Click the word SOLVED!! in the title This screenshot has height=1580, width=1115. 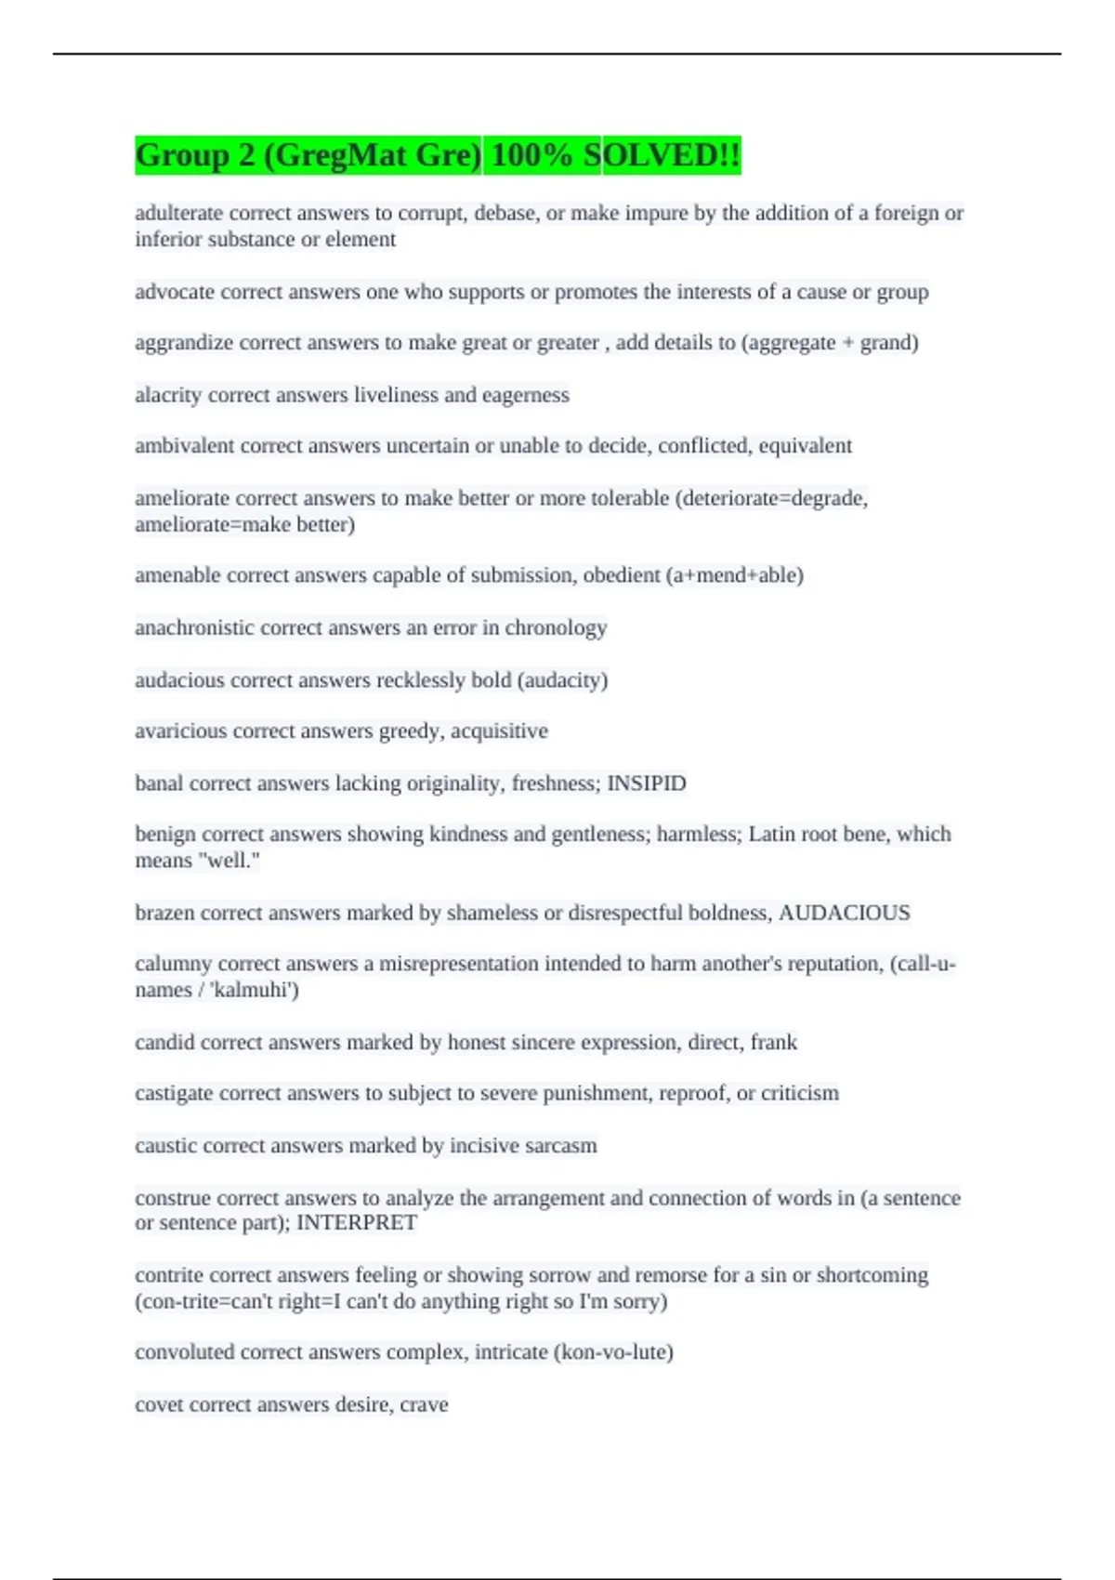click(x=662, y=155)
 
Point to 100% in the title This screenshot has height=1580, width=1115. click(x=531, y=155)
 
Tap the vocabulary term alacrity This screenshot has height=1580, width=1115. click(x=168, y=395)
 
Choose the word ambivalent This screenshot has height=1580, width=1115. click(x=185, y=446)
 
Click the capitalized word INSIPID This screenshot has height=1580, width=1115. click(x=647, y=783)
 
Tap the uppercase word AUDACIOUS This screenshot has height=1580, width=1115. click(x=845, y=913)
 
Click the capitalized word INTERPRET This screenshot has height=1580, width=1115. click(x=357, y=1222)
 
